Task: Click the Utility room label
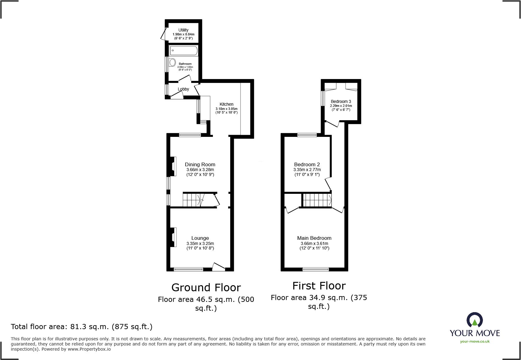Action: [x=183, y=30]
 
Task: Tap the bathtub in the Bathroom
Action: [x=183, y=51]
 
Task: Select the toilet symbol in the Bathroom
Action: [x=172, y=63]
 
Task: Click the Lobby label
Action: [x=183, y=89]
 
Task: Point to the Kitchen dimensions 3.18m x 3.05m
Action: [x=226, y=109]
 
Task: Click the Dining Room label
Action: [x=200, y=164]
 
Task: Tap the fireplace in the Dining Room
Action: [x=173, y=166]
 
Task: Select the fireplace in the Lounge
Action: [x=173, y=237]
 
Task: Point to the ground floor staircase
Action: [x=192, y=200]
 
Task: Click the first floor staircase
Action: [x=317, y=200]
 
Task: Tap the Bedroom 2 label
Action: [x=307, y=164]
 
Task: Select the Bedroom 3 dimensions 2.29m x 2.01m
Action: [x=341, y=106]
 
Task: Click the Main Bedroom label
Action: [x=314, y=238]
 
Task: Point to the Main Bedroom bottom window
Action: [x=316, y=269]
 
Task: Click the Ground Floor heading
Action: [x=206, y=287]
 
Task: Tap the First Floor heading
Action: [x=319, y=286]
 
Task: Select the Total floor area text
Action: [x=82, y=327]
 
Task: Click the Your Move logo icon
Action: [x=474, y=320]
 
